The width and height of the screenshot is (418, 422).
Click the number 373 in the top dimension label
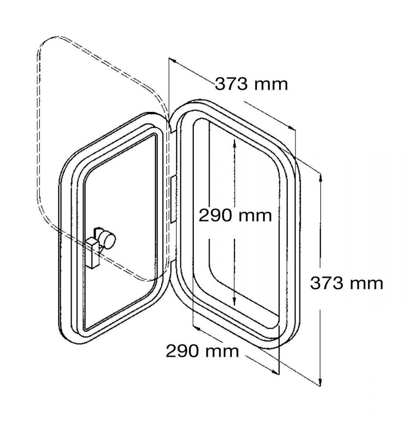pos(231,84)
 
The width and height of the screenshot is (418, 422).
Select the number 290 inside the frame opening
pos(215,216)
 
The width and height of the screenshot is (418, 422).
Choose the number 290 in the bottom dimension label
pos(182,351)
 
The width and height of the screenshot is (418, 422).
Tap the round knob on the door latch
pos(108,238)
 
